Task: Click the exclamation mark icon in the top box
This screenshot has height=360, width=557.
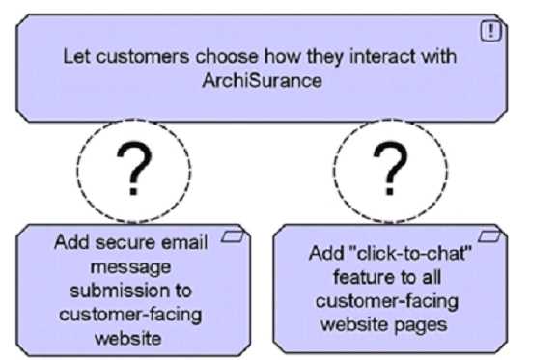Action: coord(492,31)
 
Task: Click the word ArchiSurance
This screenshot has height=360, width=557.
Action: coord(262,82)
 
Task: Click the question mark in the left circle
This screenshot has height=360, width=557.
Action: coord(135,171)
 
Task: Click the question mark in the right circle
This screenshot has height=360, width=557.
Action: coord(390,171)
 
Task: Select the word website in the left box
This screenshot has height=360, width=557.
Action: coord(134,338)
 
